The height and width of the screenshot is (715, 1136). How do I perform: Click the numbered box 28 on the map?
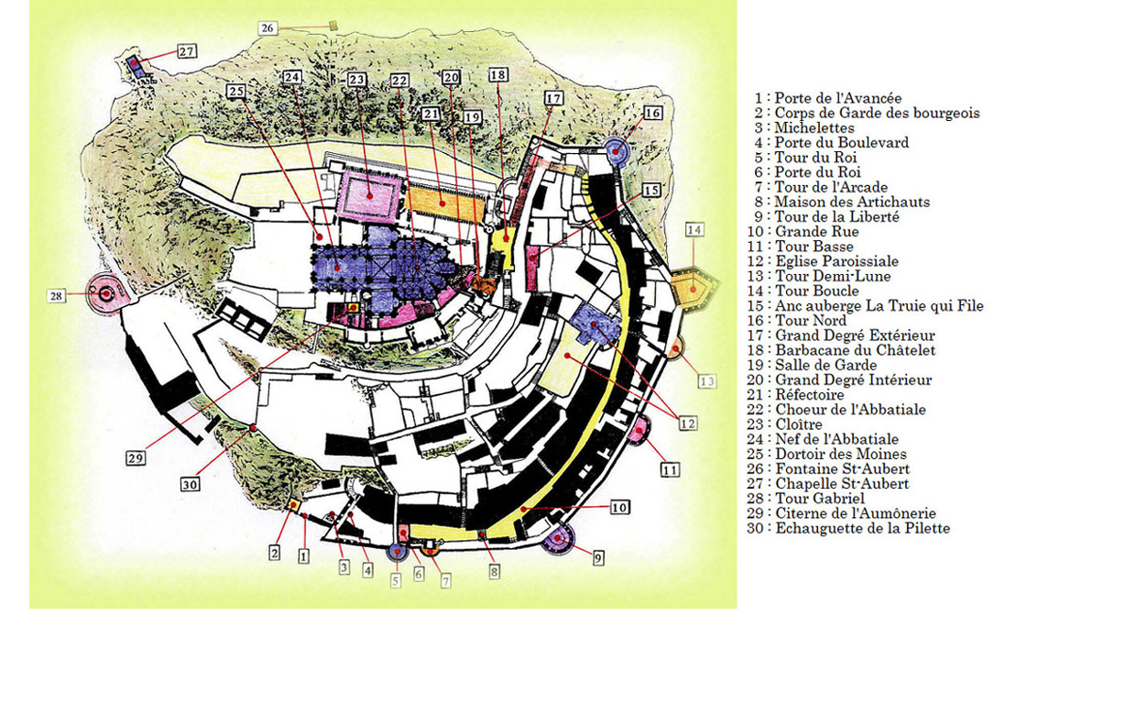[x=57, y=295]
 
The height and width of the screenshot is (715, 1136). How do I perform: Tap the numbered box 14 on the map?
[x=694, y=229]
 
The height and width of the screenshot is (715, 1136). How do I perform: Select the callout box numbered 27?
[x=187, y=51]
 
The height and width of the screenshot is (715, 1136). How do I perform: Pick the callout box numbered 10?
[x=619, y=508]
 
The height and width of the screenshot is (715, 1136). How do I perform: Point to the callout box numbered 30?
[x=190, y=485]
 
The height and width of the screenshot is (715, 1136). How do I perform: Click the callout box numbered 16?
[x=652, y=113]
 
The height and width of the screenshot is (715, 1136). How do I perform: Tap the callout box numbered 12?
[x=688, y=423]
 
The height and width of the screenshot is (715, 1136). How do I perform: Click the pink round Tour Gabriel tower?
[x=106, y=293]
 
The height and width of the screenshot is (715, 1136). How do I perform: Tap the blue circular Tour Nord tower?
[x=618, y=151]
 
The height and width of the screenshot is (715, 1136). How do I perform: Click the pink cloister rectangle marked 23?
[x=369, y=195]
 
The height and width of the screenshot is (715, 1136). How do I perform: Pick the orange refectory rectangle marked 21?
[x=444, y=203]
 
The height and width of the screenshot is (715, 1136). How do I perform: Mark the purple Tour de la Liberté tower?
[x=557, y=538]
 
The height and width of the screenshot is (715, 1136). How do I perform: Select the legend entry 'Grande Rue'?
[x=816, y=232]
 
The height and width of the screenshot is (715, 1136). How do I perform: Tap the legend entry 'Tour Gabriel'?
[x=819, y=499]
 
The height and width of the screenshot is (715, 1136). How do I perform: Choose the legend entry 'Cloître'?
[x=798, y=424]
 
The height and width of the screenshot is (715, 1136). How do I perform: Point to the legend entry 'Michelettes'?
[x=814, y=128]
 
